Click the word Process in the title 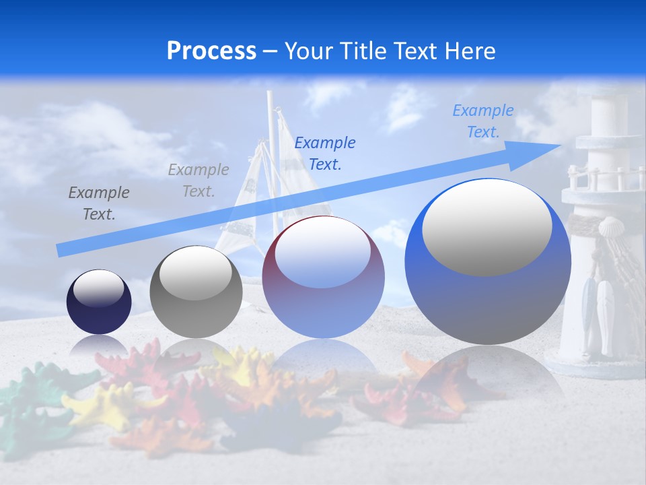211,51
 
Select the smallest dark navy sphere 99,302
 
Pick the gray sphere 196,292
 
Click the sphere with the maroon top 323,277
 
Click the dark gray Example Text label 99,203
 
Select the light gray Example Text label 199,181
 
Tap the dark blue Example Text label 325,153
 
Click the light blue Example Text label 483,121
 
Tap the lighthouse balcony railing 602,177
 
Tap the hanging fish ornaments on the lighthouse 598,310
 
